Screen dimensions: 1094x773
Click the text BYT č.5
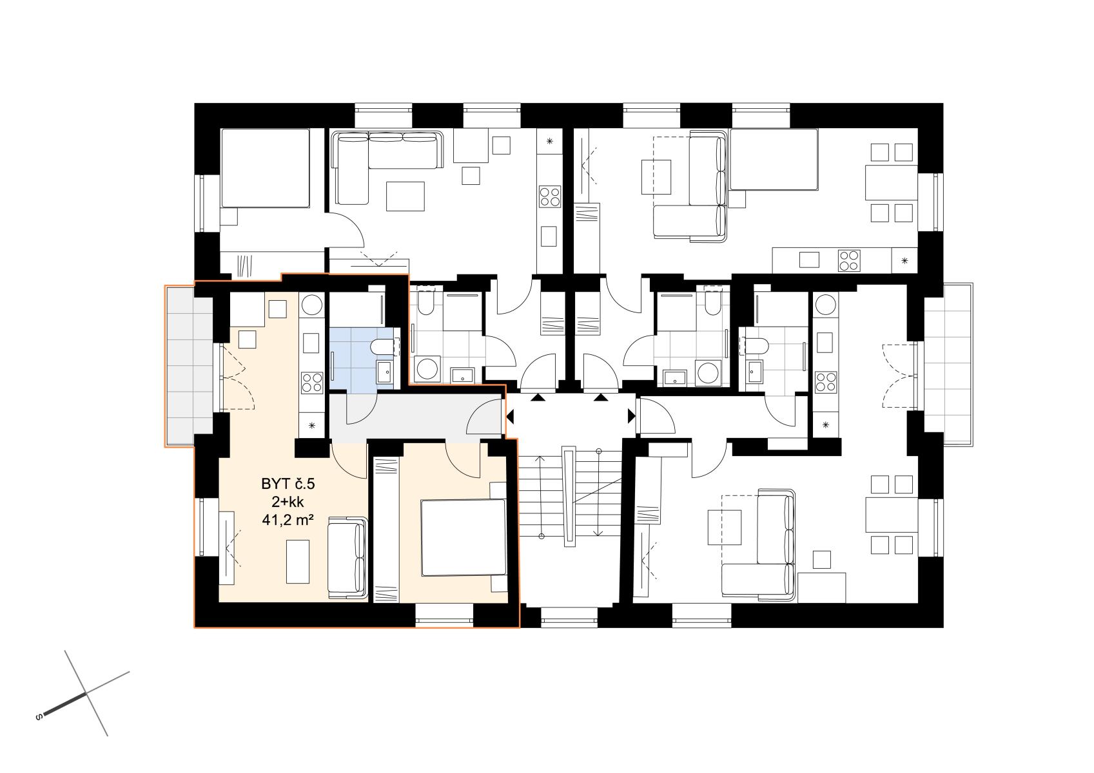pyautogui.click(x=288, y=484)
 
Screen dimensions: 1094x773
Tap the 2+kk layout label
pyautogui.click(x=288, y=502)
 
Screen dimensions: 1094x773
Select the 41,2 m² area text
pyautogui.click(x=288, y=520)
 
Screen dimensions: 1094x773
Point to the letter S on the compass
pyautogui.click(x=39, y=717)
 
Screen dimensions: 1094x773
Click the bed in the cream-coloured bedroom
pyautogui.click(x=464, y=538)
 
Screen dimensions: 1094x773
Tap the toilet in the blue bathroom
pyautogui.click(x=384, y=347)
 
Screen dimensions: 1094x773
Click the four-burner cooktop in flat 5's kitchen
pyautogui.click(x=312, y=382)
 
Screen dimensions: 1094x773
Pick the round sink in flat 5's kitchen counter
pyautogui.click(x=312, y=305)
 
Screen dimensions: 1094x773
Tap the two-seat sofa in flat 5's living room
pyautogui.click(x=347, y=558)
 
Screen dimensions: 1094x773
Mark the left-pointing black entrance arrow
pyautogui.click(x=511, y=417)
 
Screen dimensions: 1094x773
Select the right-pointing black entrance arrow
pyautogui.click(x=632, y=416)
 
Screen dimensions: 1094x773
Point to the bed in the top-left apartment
pyautogui.click(x=265, y=168)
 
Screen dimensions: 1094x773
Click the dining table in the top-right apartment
pyautogui.click(x=892, y=182)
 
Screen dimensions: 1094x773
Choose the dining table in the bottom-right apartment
pyautogui.click(x=892, y=514)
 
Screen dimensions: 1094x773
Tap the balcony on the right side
pyautogui.click(x=948, y=364)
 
